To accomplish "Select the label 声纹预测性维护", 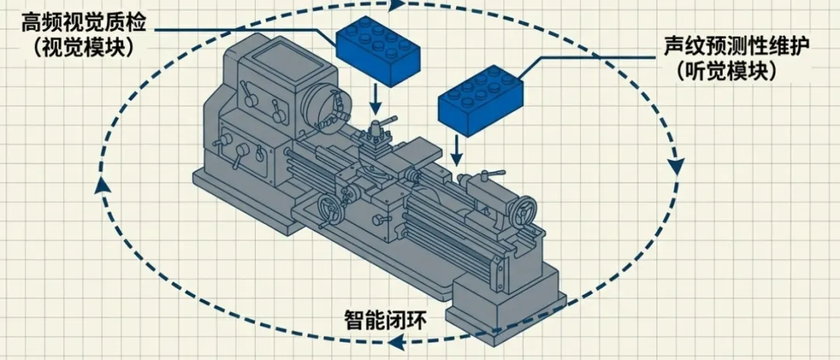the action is (x=737, y=46).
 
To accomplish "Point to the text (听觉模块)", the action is (x=726, y=71).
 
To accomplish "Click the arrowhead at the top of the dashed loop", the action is (x=397, y=5).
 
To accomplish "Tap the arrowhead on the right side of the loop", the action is (x=675, y=165).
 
